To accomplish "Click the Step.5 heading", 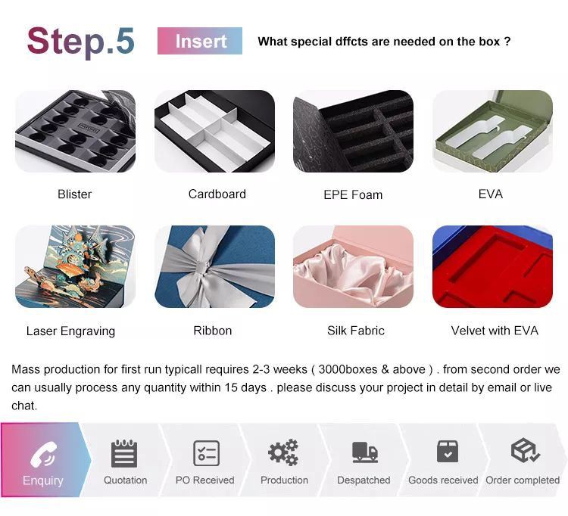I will pos(80,41).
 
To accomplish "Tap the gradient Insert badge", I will pos(200,41).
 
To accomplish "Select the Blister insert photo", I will pos(75,131).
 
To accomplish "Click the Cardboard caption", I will pos(217,194).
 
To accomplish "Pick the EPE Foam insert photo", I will pos(353,131).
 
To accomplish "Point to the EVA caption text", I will pos(490,194).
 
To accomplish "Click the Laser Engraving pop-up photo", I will pos(75,266).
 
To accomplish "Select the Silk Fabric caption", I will pos(356,331).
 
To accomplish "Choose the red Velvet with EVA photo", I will pos(492,266).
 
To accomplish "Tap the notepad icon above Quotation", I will pos(124,453).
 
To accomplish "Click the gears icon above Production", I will pos(284,452).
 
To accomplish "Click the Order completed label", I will pos(523,480).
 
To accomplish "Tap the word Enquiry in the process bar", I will pos(43,480).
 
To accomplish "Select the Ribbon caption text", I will pos(212,331).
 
